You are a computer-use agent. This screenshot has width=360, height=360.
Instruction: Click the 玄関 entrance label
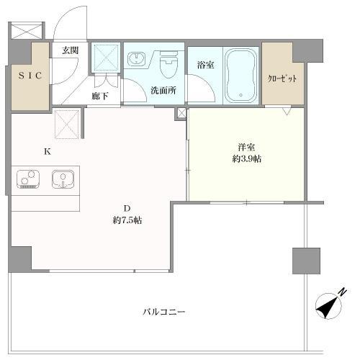(69, 50)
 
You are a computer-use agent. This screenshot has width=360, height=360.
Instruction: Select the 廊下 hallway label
(100, 96)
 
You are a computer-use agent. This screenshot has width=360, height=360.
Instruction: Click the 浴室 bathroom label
(205, 65)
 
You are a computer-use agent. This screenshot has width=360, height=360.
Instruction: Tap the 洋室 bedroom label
(247, 146)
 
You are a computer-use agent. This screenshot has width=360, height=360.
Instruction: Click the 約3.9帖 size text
(247, 159)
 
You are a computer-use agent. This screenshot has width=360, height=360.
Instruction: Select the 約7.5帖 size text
(127, 220)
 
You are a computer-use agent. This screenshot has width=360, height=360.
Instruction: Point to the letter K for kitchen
(48, 151)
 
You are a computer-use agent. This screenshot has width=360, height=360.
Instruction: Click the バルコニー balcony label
(163, 313)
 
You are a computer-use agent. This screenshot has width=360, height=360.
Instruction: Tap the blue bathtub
(240, 75)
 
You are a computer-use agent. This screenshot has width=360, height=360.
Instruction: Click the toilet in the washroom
(168, 67)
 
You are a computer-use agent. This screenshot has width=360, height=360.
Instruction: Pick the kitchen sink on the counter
(63, 178)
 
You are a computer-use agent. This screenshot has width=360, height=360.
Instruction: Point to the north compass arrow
(330, 304)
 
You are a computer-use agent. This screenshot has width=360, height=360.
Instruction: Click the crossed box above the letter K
(67, 124)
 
